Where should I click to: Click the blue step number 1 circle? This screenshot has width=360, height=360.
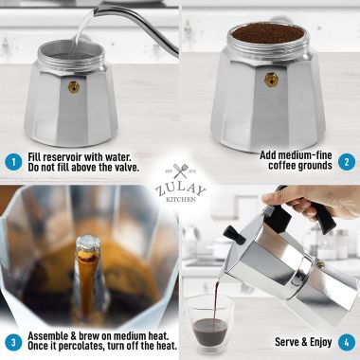[x=13, y=160]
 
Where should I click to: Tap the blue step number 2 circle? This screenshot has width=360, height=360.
[x=347, y=160]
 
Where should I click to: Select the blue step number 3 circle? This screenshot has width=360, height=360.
[x=13, y=342]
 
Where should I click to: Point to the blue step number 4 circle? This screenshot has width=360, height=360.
[x=347, y=342]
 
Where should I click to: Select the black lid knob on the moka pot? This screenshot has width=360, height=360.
[x=230, y=232]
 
